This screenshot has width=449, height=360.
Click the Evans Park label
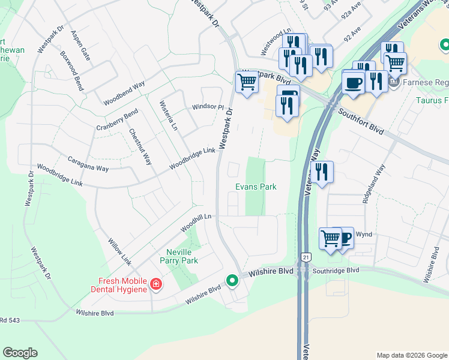pyautogui.click(x=256, y=187)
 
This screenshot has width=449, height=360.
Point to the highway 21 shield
pyautogui.click(x=306, y=256)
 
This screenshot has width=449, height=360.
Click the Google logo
pyautogui.click(x=20, y=353)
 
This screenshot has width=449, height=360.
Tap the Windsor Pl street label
pyautogui.click(x=208, y=107)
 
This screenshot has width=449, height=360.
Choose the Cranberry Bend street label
pyautogui.click(x=117, y=120)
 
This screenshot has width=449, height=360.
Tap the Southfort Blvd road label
pyautogui.click(x=360, y=121)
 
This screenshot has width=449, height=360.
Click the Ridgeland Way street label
pyautogui.click(x=372, y=184)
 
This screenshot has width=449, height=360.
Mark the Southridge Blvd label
pyautogui.click(x=337, y=271)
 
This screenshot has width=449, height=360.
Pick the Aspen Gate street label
pyautogui.click(x=80, y=45)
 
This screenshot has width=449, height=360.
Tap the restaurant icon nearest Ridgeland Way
pyautogui.click(x=322, y=172)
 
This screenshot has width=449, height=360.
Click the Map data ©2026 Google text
pyautogui.click(x=411, y=355)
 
